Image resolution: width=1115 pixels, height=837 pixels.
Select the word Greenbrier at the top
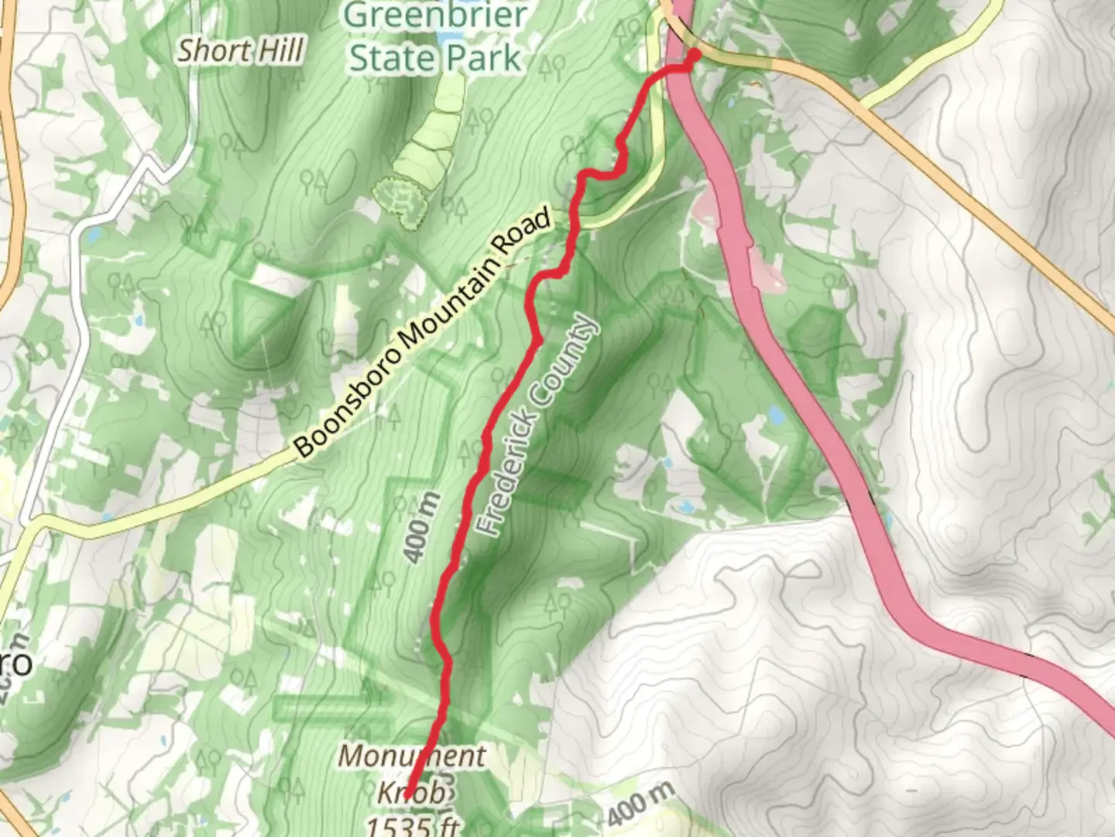435,15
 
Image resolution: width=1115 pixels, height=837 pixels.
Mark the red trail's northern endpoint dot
694,54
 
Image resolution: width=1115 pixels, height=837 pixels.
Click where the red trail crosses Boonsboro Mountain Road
574,226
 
